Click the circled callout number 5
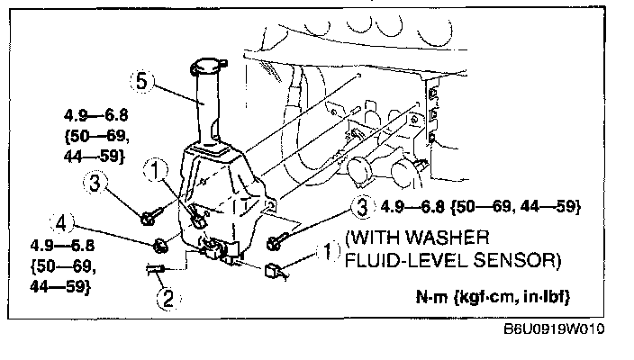tap(140, 82)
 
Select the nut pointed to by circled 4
tap(161, 244)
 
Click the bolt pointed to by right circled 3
tap(276, 241)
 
